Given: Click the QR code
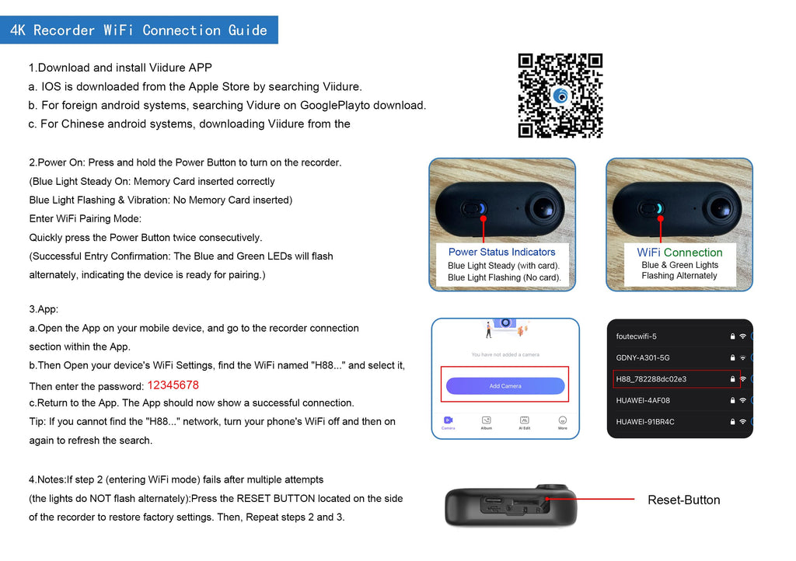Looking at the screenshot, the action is point(560,96).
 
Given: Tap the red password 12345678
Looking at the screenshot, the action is point(173,385).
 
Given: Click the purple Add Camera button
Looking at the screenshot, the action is point(505,386).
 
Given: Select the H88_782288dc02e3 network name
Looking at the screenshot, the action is point(651,379).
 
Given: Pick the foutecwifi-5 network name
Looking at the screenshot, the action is point(636,336).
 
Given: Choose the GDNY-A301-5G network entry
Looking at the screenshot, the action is point(643,357).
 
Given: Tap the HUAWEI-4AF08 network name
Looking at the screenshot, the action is point(643,400).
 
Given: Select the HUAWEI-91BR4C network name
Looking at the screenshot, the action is point(645,421).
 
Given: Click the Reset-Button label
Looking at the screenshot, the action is point(684,500).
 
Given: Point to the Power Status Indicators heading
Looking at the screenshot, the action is point(501,252).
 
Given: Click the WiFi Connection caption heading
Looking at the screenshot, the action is point(679,253).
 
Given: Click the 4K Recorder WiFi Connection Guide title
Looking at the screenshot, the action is point(138,30).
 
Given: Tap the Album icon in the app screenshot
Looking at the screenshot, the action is point(487,420).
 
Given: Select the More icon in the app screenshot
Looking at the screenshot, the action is point(563,420).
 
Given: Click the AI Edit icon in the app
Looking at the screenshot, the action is point(525,420).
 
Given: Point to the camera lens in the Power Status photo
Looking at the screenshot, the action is point(543,208).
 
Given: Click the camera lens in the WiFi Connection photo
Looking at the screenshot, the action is point(721,208).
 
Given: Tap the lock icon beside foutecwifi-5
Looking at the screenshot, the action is point(732,336).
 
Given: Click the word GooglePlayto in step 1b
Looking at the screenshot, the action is point(337,106).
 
